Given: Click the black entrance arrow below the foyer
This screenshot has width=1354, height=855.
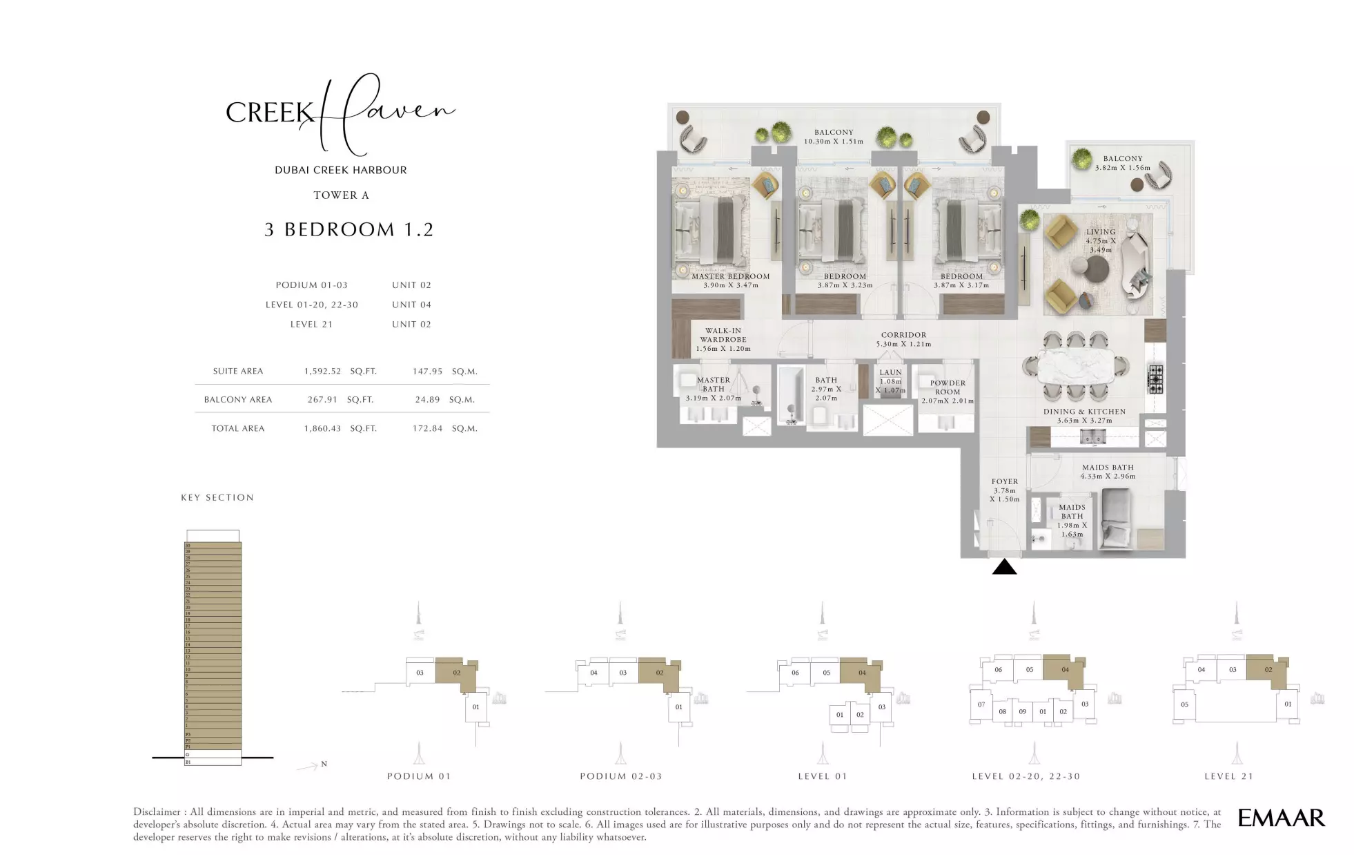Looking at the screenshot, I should [1004, 568].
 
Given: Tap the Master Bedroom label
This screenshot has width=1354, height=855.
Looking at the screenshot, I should [730, 276].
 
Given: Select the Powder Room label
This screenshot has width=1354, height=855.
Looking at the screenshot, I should [947, 387].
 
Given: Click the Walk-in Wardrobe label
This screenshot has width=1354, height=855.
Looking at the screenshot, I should [723, 335].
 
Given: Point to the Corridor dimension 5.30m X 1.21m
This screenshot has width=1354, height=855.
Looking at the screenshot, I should [903, 344].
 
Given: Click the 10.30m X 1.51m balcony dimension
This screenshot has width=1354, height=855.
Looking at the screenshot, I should [833, 142].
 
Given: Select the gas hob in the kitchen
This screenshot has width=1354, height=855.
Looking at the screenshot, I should [1155, 379].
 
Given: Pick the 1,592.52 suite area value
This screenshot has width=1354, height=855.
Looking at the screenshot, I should [322, 371].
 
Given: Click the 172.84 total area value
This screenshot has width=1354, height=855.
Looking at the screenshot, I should [427, 428].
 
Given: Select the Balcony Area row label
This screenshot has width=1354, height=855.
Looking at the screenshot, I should [237, 399].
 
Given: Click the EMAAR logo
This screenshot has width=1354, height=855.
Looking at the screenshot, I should [1281, 818].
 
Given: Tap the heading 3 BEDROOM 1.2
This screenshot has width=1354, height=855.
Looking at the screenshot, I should [349, 229].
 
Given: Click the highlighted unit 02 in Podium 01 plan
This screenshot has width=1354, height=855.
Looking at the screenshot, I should [456, 672].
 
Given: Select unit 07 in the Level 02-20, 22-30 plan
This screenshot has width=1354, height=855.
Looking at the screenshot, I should [981, 705].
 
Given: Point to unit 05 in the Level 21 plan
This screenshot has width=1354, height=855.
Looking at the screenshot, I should [1184, 705].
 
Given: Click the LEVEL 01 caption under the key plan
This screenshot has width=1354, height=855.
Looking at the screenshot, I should [823, 776].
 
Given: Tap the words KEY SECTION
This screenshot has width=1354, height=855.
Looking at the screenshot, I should [217, 497].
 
